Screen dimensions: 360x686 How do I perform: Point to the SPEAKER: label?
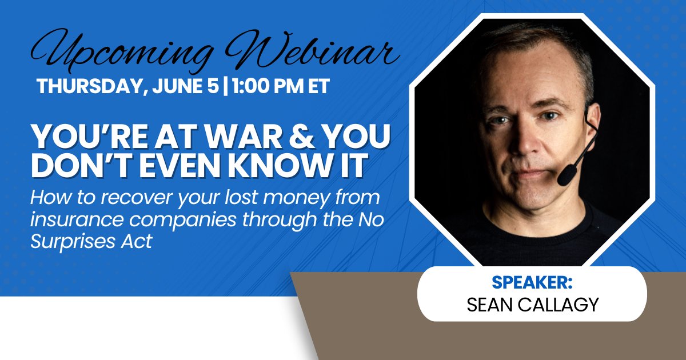pos(532,282)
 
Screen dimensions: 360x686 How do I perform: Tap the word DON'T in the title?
pos(83,166)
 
